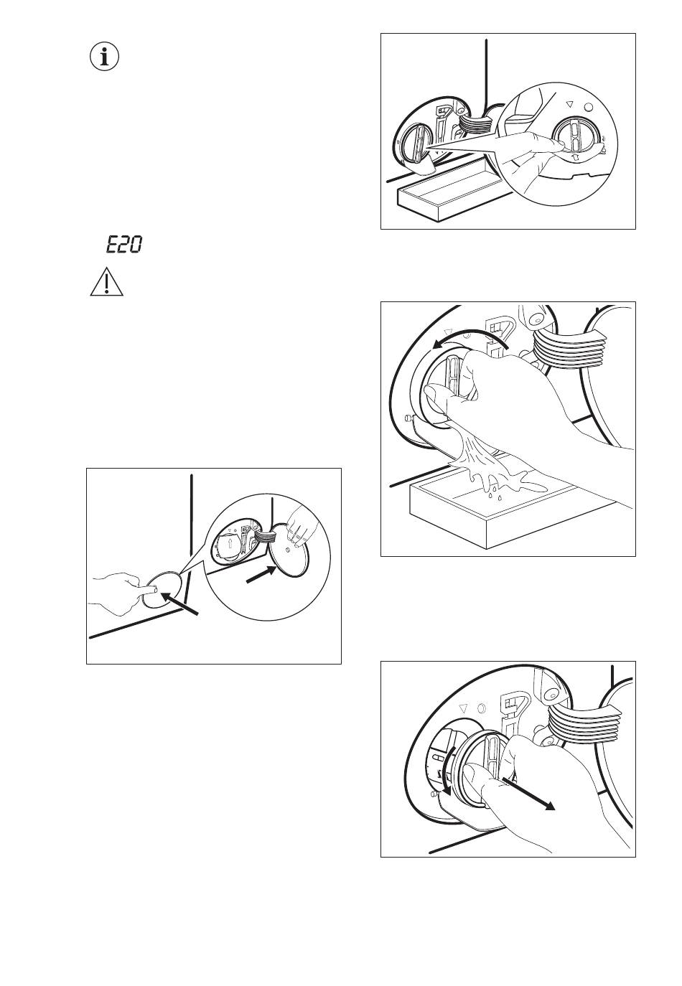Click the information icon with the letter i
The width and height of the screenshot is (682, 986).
coord(104,57)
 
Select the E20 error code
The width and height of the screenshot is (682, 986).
coord(124,244)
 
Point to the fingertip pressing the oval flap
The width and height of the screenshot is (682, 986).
coord(153,590)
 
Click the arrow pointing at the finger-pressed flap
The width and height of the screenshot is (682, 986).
coord(179,604)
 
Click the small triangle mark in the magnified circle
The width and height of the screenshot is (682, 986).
coord(570,104)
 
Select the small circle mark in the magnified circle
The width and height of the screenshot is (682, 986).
coord(588,107)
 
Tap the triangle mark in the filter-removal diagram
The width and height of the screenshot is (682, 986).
coord(462,709)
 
